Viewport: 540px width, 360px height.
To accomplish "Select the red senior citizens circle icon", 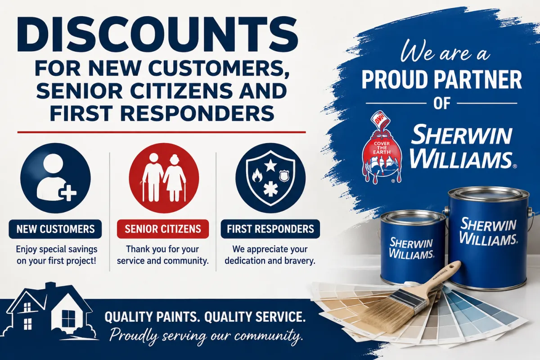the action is [164, 178].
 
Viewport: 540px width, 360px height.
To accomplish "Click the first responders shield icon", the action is [270, 178].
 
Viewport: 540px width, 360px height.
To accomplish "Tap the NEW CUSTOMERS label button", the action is [55, 229].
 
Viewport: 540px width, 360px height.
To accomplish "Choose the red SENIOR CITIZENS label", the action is [163, 229].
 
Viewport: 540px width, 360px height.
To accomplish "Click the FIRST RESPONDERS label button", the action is [270, 229].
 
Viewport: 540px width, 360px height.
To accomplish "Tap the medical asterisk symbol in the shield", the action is [270, 189].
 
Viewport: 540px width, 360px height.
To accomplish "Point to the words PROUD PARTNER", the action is [441, 80].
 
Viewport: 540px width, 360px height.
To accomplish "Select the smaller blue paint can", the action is [412, 248].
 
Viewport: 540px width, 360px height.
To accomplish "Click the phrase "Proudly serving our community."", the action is [206, 336].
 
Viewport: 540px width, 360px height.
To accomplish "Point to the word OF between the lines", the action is [441, 103].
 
